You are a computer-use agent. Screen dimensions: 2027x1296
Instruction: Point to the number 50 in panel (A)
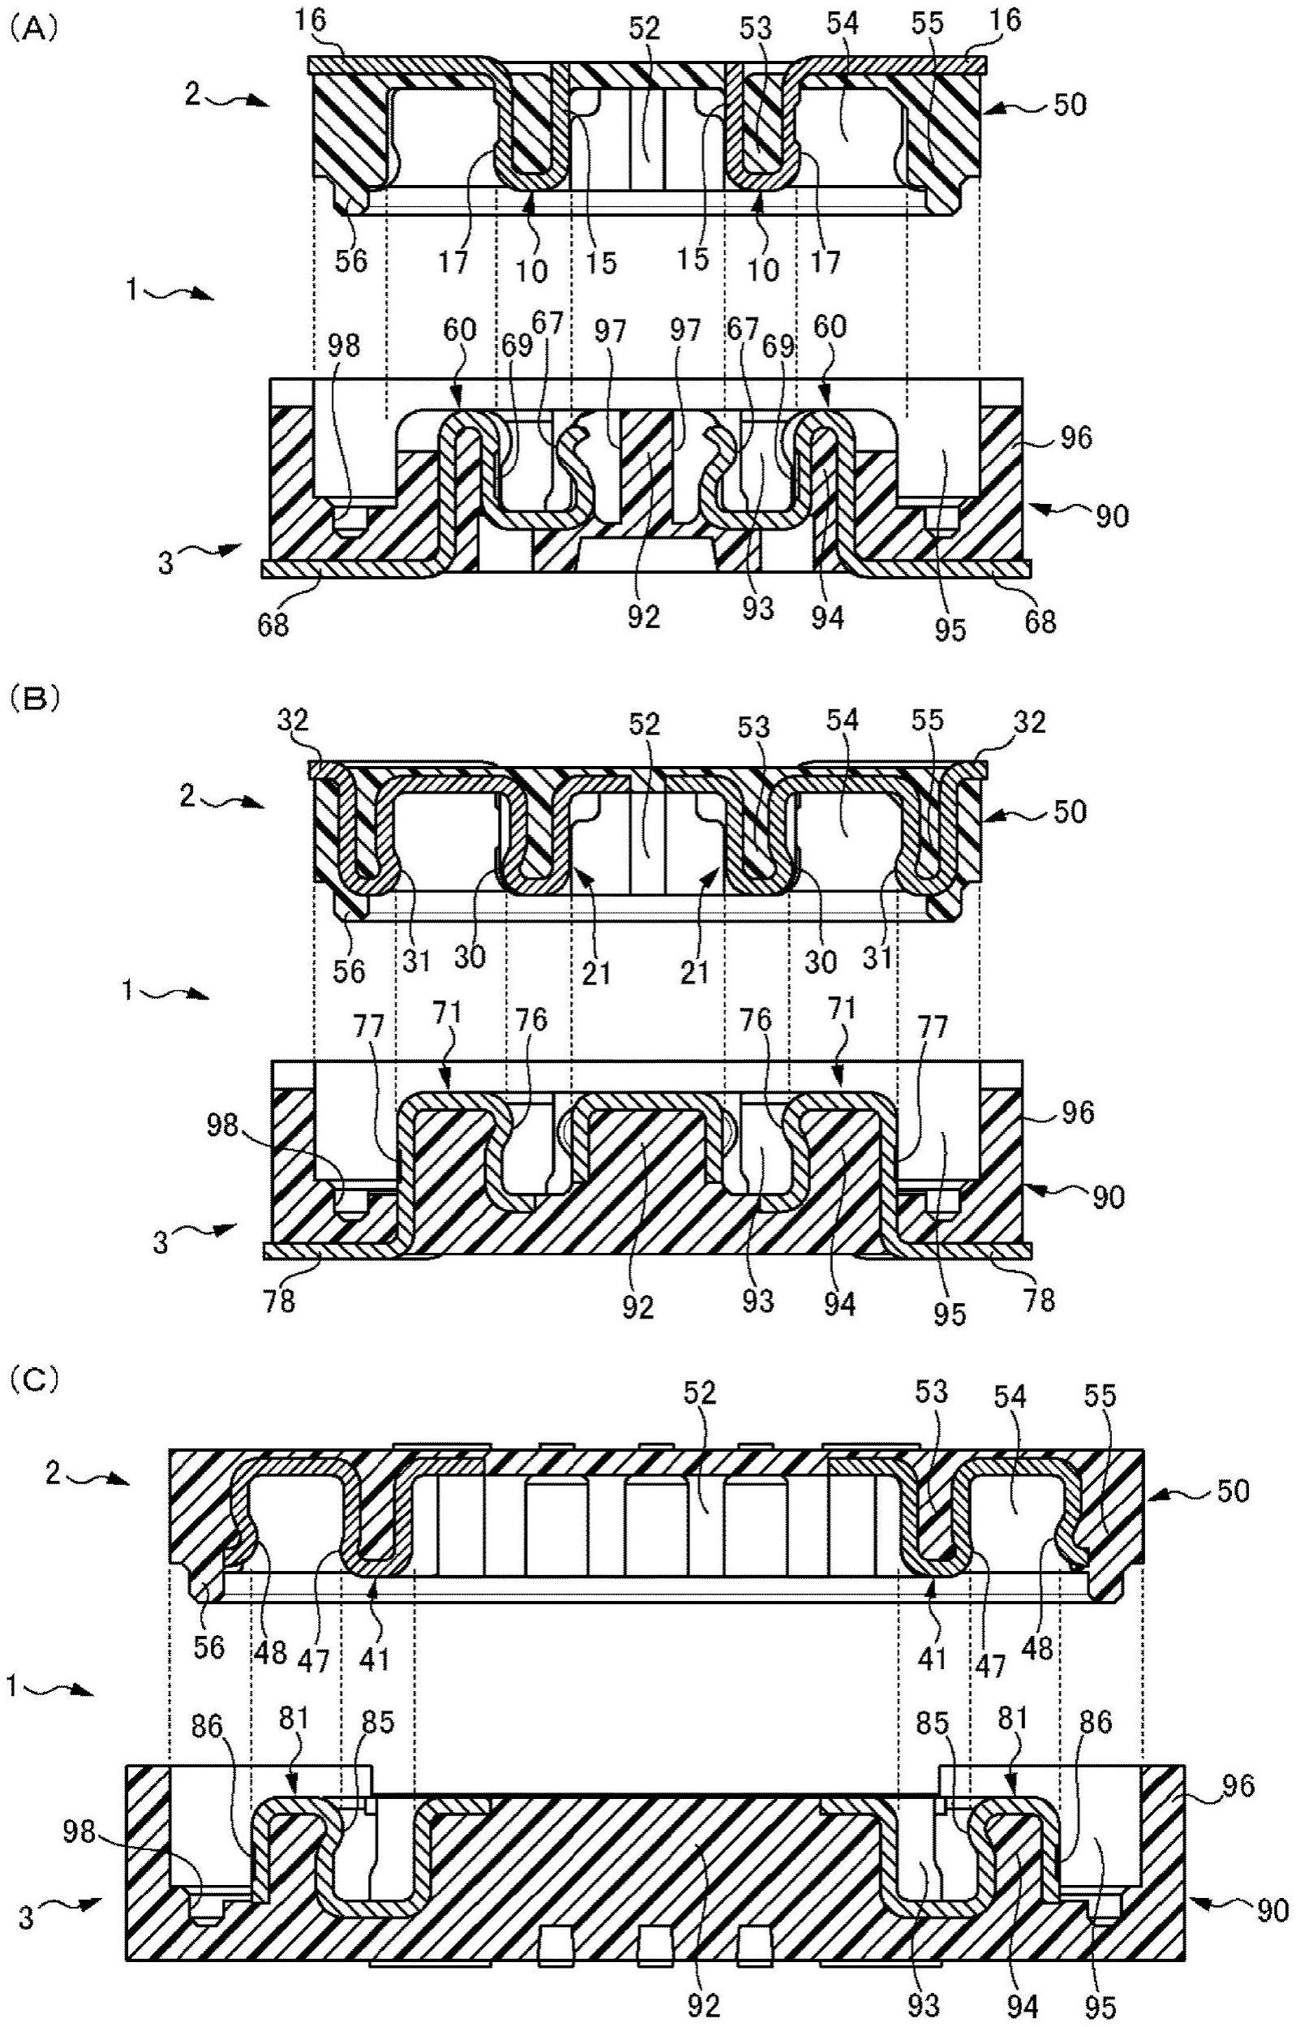click(x=1068, y=105)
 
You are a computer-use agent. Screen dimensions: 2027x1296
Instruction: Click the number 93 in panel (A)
click(x=757, y=609)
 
